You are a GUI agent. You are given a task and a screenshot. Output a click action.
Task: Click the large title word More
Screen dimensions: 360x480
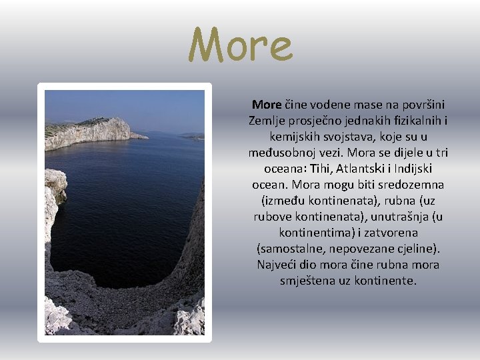click(240, 46)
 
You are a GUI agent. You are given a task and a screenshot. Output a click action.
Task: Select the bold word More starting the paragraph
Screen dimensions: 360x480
click(267, 105)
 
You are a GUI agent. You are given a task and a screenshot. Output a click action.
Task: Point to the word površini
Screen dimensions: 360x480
click(423, 105)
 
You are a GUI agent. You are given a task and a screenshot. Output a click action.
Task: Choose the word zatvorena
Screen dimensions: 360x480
click(393, 233)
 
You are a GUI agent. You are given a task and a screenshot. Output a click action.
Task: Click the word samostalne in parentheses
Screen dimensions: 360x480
click(289, 249)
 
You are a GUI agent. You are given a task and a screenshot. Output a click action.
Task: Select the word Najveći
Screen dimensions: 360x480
click(279, 265)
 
